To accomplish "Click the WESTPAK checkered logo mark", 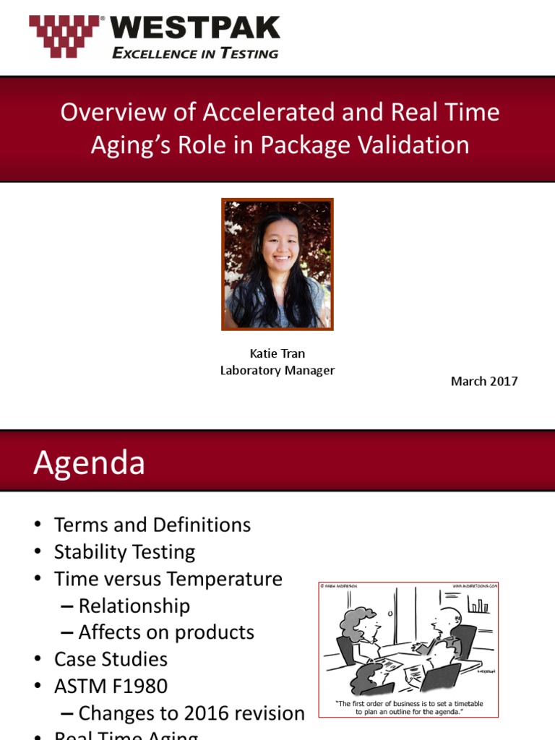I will [x=66, y=36].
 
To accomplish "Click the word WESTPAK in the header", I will [x=194, y=28].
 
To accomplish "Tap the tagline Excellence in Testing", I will [x=194, y=53].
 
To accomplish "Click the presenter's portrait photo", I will [x=277, y=264].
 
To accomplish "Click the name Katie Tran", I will [x=277, y=354].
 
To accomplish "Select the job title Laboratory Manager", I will [x=277, y=371].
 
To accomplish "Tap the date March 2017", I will [x=484, y=381].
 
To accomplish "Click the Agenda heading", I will [x=89, y=462].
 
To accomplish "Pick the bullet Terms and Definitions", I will [x=152, y=525].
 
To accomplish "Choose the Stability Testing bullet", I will [x=124, y=552].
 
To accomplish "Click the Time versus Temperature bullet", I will [x=168, y=579].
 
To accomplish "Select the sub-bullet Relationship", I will [x=134, y=606].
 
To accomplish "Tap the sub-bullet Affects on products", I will [x=166, y=632].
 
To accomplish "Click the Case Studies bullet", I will [x=111, y=659].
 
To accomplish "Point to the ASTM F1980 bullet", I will [x=116, y=686].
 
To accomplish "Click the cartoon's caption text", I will [x=409, y=707].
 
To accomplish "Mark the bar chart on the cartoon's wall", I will [x=478, y=605].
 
